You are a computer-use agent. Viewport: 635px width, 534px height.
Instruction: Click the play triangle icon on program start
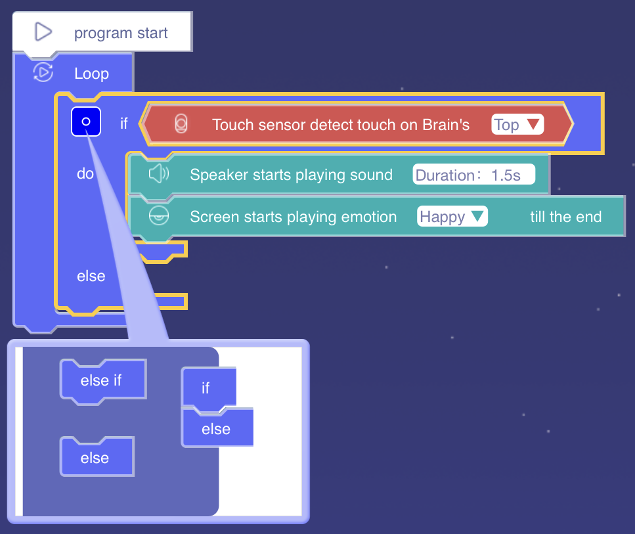pyautogui.click(x=43, y=32)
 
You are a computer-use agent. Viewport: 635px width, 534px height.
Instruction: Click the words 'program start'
pyautogui.click(x=121, y=33)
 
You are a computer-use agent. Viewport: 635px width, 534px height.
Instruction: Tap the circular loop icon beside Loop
pyautogui.click(x=43, y=72)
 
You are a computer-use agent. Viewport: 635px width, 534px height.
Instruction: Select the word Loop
pyautogui.click(x=91, y=74)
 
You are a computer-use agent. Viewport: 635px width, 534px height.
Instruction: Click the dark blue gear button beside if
pyautogui.click(x=86, y=122)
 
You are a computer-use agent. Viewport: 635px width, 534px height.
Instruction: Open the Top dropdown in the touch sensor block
pyautogui.click(x=517, y=125)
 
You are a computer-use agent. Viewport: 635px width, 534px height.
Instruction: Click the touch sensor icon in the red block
pyautogui.click(x=182, y=124)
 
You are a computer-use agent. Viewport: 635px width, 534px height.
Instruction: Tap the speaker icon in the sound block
pyautogui.click(x=158, y=174)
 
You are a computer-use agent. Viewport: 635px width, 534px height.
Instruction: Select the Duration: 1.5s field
pyautogui.click(x=473, y=175)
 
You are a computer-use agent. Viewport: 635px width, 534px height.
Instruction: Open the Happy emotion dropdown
pyautogui.click(x=452, y=217)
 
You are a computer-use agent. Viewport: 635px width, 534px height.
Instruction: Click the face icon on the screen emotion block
pyautogui.click(x=158, y=216)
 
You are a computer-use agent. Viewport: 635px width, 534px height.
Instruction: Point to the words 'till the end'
pyautogui.click(x=565, y=217)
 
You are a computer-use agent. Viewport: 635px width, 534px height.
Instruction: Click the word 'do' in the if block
pyautogui.click(x=85, y=174)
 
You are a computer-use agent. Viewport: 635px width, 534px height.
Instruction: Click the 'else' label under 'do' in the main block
pyautogui.click(x=91, y=276)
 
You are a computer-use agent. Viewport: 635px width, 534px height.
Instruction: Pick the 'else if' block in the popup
pyautogui.click(x=102, y=380)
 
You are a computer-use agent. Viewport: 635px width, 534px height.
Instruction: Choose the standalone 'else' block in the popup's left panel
pyautogui.click(x=96, y=458)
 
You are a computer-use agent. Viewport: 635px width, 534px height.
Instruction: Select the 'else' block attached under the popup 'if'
pyautogui.click(x=217, y=429)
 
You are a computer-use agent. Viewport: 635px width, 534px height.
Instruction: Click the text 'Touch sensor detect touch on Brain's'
pyautogui.click(x=341, y=125)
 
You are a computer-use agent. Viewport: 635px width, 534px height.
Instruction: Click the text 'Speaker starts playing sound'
pyautogui.click(x=291, y=175)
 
